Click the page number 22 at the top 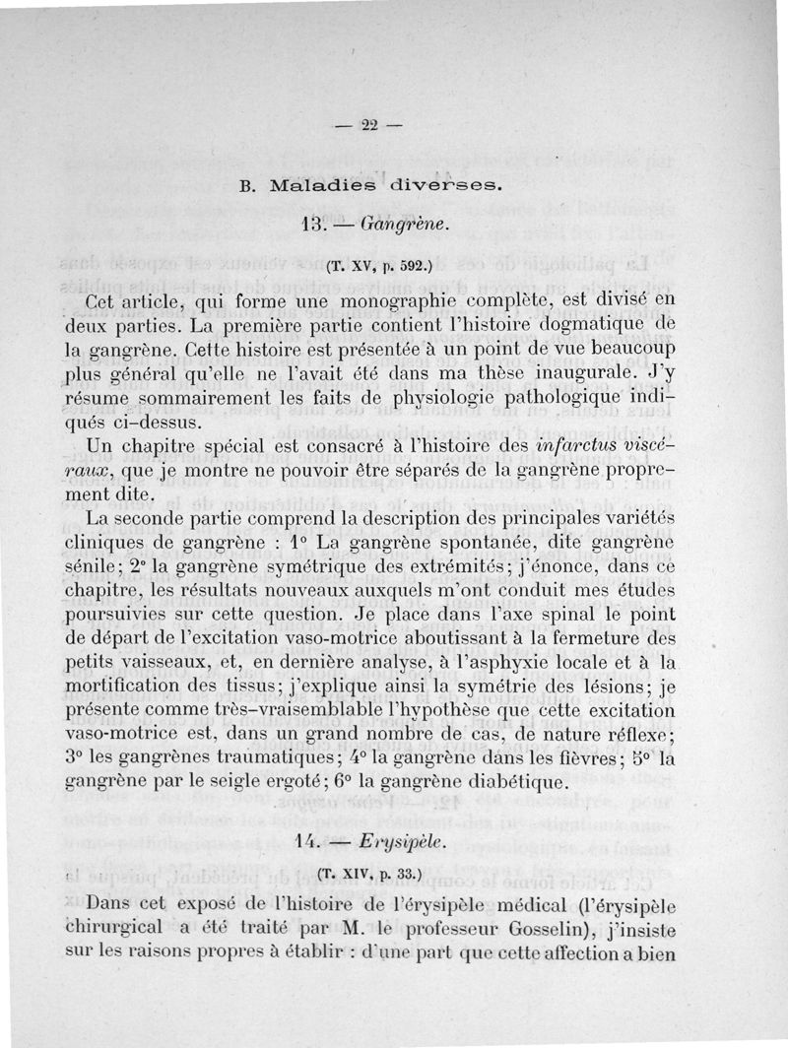pos(370,124)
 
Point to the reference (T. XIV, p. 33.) pos(370,873)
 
